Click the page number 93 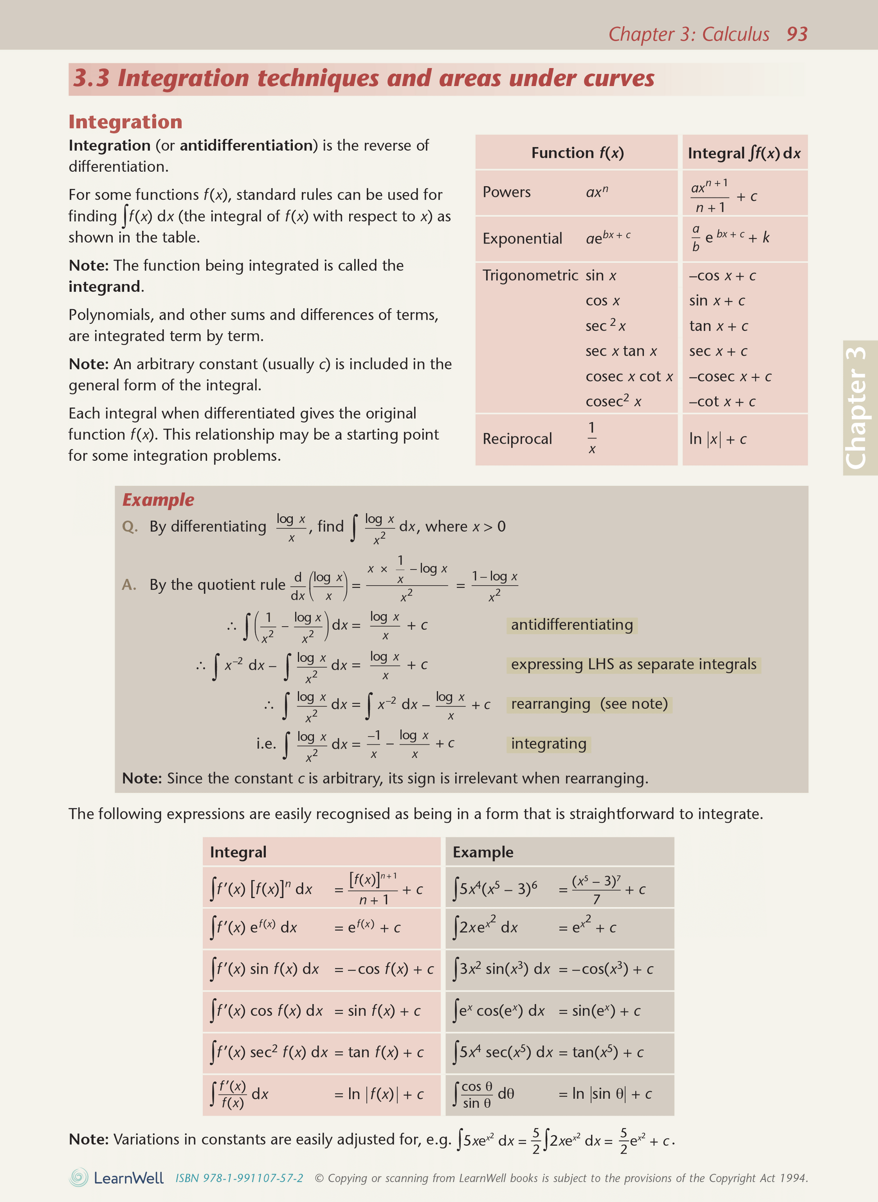797,34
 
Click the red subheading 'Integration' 125,122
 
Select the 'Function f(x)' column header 577,153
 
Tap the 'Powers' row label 507,192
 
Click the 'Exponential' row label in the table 522,239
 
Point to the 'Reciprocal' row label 517,439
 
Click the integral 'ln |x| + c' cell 717,439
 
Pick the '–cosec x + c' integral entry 730,376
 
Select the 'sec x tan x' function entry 621,351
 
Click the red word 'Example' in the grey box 158,500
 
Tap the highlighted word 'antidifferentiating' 572,624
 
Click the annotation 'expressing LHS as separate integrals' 633,665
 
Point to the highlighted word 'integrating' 549,743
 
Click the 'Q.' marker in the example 129,526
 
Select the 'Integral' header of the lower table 238,852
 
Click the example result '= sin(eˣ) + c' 600,1011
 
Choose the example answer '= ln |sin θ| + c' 605,1094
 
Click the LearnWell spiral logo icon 79,1178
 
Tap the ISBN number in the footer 239,1178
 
